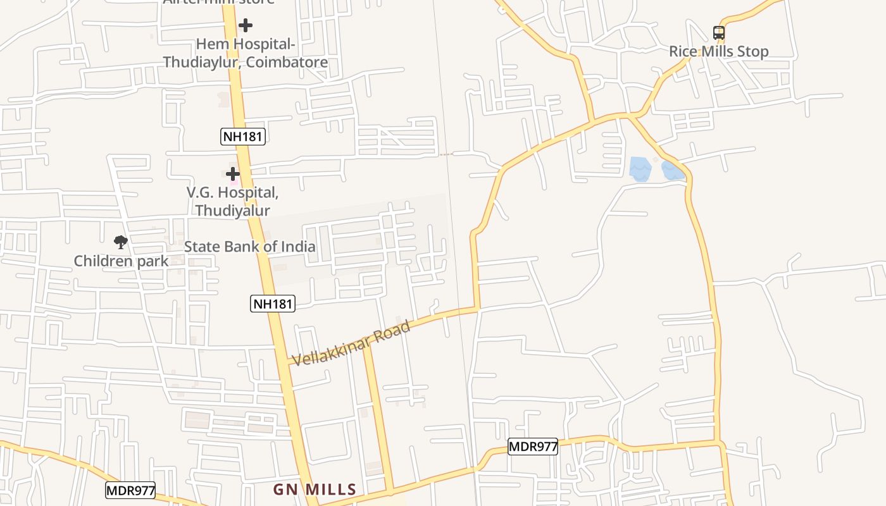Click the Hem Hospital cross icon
246,25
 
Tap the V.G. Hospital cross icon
233,173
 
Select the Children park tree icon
120,242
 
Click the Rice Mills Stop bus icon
719,32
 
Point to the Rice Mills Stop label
719,51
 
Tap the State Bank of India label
249,247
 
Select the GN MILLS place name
315,490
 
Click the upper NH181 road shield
242,136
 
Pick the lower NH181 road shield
273,304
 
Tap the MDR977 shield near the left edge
130,490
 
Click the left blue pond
640,169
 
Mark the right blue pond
673,170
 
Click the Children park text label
121,261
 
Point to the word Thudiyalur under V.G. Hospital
232,211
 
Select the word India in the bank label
297,247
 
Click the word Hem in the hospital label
209,44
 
